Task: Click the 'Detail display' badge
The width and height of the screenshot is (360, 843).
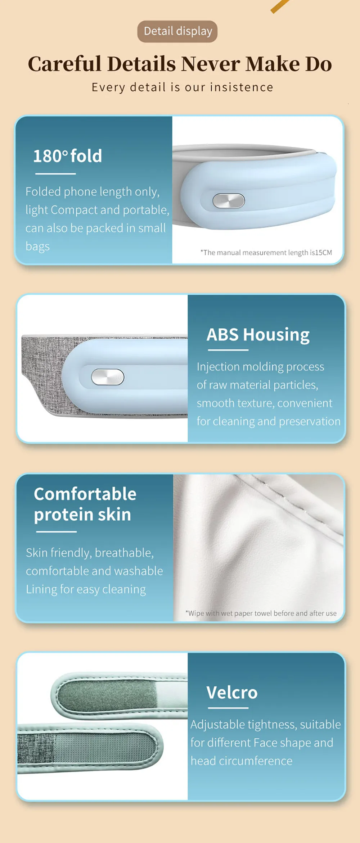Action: tap(177, 31)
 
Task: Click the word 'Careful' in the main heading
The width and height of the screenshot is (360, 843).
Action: tap(64, 64)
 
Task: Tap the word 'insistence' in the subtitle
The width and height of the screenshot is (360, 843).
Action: tap(242, 87)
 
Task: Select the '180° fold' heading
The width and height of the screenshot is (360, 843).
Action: tap(68, 156)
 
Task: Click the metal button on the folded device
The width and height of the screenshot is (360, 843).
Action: tap(229, 201)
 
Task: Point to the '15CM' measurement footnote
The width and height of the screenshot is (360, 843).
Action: tap(266, 253)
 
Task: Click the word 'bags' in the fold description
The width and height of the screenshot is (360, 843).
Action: tap(37, 247)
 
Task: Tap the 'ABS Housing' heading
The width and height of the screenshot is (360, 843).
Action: tap(258, 335)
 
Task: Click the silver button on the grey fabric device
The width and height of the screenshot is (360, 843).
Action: tap(108, 377)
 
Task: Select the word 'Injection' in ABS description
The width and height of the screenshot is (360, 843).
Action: tap(218, 367)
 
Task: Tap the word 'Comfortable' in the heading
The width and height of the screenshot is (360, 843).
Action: tap(85, 494)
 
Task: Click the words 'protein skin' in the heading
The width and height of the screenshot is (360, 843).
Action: tap(82, 515)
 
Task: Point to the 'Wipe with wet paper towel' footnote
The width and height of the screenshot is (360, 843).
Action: tap(261, 613)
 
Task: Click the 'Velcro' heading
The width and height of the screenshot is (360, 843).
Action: tap(232, 692)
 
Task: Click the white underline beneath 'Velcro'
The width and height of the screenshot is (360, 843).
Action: tap(228, 708)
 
